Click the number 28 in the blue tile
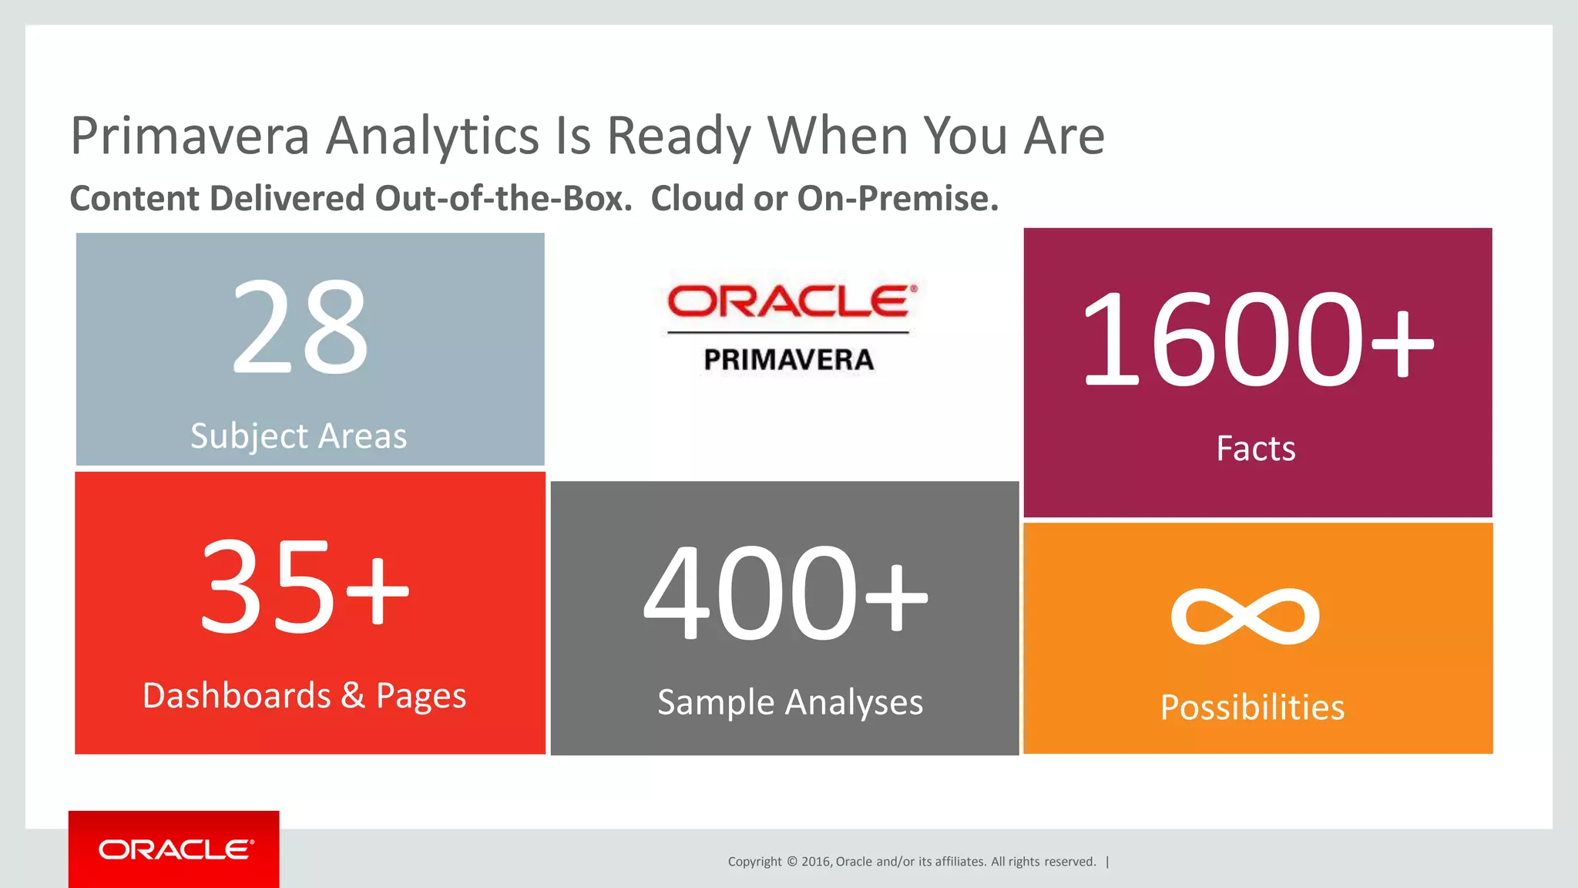tap(300, 328)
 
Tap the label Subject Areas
tap(299, 436)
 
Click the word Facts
tap(1256, 449)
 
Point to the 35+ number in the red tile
tap(304, 586)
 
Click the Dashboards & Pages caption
tap(304, 696)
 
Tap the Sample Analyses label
tap(790, 702)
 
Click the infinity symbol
tap(1245, 616)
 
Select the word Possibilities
tap(1253, 708)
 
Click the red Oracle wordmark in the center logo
tap(792, 301)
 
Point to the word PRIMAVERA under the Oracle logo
tap(789, 360)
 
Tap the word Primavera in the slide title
tap(190, 136)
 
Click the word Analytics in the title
tap(432, 136)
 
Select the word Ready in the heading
tap(679, 136)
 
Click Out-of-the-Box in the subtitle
tap(503, 199)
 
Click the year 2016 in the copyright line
tap(815, 862)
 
